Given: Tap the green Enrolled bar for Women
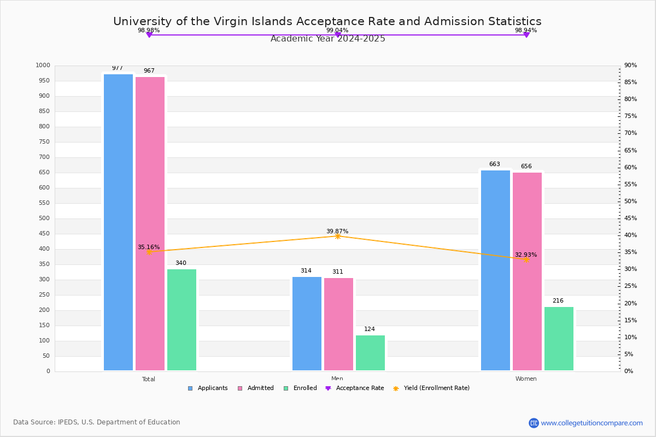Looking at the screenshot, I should click(559, 339).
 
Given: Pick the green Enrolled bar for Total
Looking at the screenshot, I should click(181, 320).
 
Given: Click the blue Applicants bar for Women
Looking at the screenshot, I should click(495, 270).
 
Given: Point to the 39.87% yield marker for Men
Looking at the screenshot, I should click(338, 236).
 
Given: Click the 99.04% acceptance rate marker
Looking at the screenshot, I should click(338, 35).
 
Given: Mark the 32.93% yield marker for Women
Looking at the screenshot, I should click(526, 259).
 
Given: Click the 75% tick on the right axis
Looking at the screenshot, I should click(630, 116).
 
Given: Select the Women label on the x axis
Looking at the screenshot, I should click(526, 379).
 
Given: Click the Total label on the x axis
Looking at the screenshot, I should click(149, 379).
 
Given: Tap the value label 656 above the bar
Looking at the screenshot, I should click(526, 167).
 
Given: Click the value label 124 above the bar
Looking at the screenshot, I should click(370, 329).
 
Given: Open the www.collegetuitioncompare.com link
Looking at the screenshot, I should click(591, 423).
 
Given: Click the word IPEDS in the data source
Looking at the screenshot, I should click(68, 422).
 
